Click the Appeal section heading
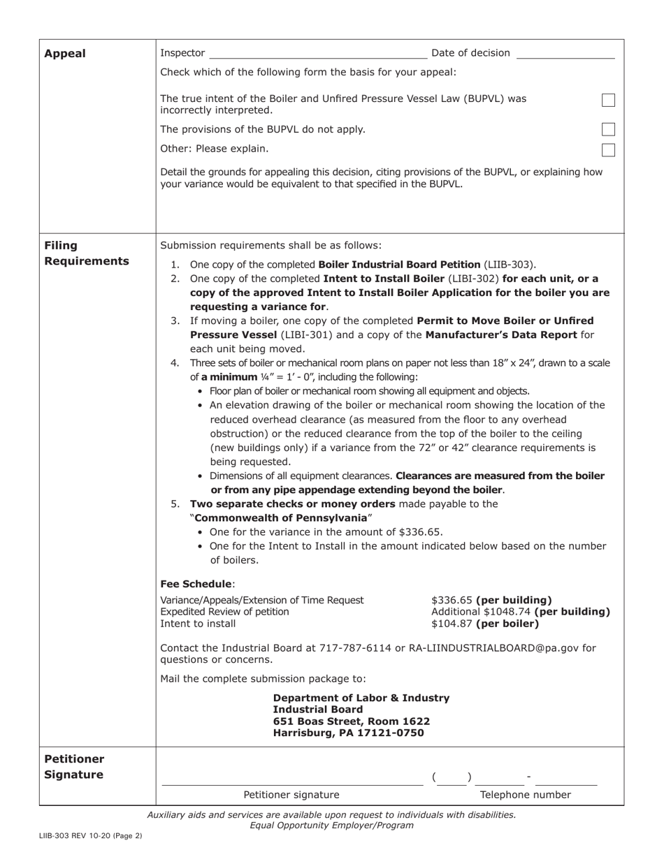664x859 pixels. pyautogui.click(x=65, y=54)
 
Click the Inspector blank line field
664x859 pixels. pyautogui.click(x=317, y=54)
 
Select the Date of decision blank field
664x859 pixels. pyautogui.click(x=565, y=54)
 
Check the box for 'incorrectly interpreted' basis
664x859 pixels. pyautogui.click(x=608, y=101)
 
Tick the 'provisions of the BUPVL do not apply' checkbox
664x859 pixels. pyautogui.click(x=608, y=129)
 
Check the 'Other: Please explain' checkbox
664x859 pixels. pyautogui.click(x=608, y=149)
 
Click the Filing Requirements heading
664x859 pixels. pyautogui.click(x=86, y=254)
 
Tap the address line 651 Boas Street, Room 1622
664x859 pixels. pyautogui.click(x=351, y=721)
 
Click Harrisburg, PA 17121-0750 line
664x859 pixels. pyautogui.click(x=347, y=733)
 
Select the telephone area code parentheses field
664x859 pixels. pyautogui.click(x=452, y=777)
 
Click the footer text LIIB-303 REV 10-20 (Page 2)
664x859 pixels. pyautogui.click(x=91, y=835)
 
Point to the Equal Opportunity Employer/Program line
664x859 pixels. pyautogui.click(x=331, y=825)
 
